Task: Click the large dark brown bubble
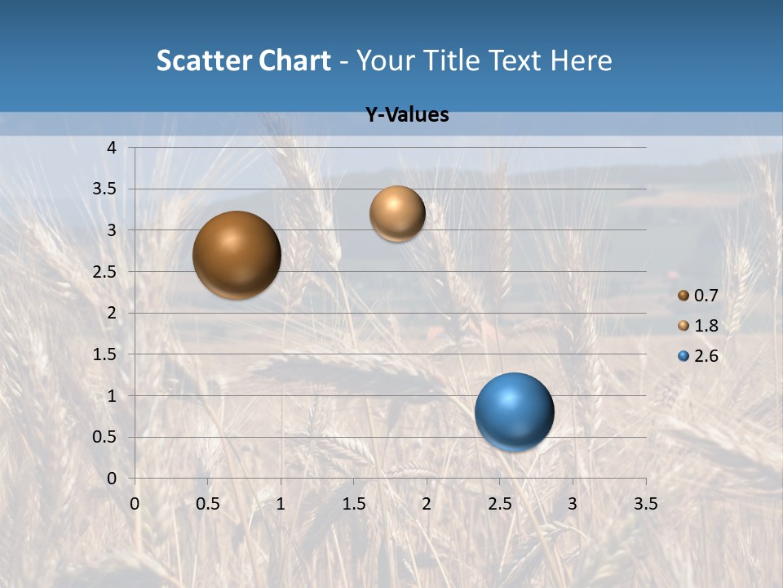coord(237,255)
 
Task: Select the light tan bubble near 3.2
coord(397,213)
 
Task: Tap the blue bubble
coord(514,412)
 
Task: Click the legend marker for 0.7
coord(683,295)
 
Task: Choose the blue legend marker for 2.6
coord(683,356)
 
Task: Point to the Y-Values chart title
coord(407,115)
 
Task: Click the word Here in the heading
coord(582,60)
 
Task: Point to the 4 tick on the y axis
coord(113,148)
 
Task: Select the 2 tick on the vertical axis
coord(113,313)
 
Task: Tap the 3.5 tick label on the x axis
coord(645,504)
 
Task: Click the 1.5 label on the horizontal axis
coord(353,504)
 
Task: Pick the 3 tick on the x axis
coord(573,504)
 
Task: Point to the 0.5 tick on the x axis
coord(208,504)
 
